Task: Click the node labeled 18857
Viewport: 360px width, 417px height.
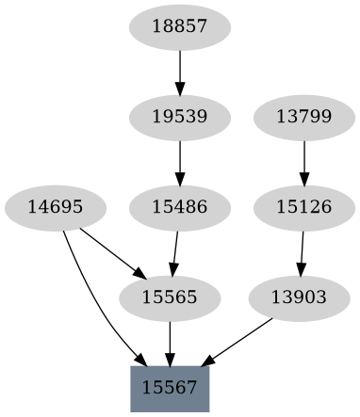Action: coord(179,27)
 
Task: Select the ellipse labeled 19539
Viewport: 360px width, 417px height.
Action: coord(179,117)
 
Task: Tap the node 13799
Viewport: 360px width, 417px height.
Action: coord(303,117)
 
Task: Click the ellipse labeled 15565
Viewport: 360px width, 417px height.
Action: coord(170,297)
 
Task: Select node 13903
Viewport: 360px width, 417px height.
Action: coord(298,297)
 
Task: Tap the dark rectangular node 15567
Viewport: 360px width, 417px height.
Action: coord(170,387)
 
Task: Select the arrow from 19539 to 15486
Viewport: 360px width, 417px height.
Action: coord(179,161)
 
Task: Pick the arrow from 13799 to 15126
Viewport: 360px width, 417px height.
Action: coord(303,161)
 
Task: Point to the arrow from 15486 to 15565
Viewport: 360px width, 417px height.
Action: coord(175,251)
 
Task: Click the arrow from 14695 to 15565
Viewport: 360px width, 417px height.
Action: coord(111,251)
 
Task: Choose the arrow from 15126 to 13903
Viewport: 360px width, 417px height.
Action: coord(302,251)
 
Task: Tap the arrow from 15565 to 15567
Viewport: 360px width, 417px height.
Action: coord(170,342)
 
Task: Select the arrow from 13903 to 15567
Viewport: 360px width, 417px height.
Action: coord(238,342)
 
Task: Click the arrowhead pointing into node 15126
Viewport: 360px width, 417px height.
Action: coord(303,179)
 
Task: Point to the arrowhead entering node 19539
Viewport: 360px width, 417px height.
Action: coord(179,88)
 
